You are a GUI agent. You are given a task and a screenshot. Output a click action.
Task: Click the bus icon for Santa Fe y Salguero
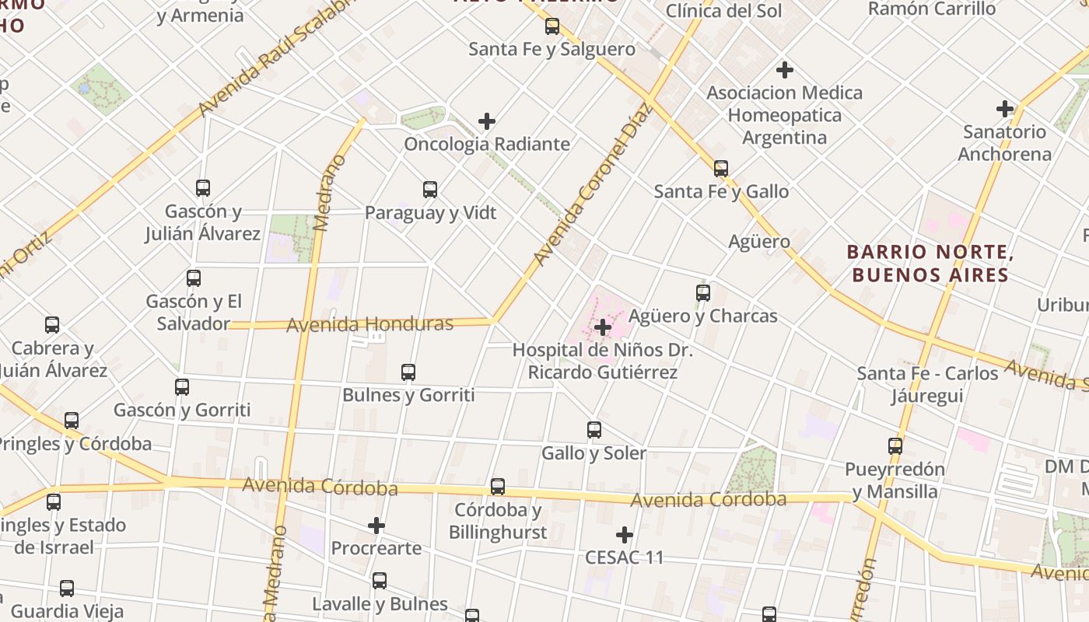tap(552, 26)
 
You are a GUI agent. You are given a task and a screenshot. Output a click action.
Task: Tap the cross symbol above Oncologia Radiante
tap(487, 121)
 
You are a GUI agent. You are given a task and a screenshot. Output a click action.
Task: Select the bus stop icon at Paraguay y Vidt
tap(430, 190)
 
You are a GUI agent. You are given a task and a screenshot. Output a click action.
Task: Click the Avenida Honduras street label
tap(369, 323)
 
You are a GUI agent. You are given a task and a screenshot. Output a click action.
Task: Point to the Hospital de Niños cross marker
tap(602, 327)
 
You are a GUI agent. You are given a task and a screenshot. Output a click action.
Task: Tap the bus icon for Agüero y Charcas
tap(703, 293)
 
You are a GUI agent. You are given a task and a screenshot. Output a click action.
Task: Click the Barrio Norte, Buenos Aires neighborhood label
tap(930, 264)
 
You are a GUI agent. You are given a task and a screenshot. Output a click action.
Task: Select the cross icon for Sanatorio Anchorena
tap(1005, 109)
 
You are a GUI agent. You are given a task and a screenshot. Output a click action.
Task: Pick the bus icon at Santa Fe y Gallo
tap(721, 169)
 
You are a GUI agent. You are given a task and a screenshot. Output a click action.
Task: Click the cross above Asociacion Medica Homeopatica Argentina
tap(785, 70)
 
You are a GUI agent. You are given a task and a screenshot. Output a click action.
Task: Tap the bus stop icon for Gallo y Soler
tap(594, 430)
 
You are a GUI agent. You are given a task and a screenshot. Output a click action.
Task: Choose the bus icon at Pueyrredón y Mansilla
tap(895, 446)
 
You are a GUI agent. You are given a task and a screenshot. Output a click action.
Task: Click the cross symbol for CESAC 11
tap(624, 535)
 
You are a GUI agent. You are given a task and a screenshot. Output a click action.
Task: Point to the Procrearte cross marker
tap(376, 526)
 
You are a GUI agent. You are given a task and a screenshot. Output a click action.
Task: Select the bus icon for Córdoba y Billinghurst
tap(498, 487)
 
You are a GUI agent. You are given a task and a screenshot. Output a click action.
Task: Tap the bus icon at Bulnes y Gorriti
tap(408, 372)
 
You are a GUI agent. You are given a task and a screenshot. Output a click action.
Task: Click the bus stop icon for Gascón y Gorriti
tap(182, 387)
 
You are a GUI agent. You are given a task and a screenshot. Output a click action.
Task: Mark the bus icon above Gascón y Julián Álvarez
tap(203, 188)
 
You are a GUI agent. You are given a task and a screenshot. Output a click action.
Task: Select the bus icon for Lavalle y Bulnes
tap(380, 581)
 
